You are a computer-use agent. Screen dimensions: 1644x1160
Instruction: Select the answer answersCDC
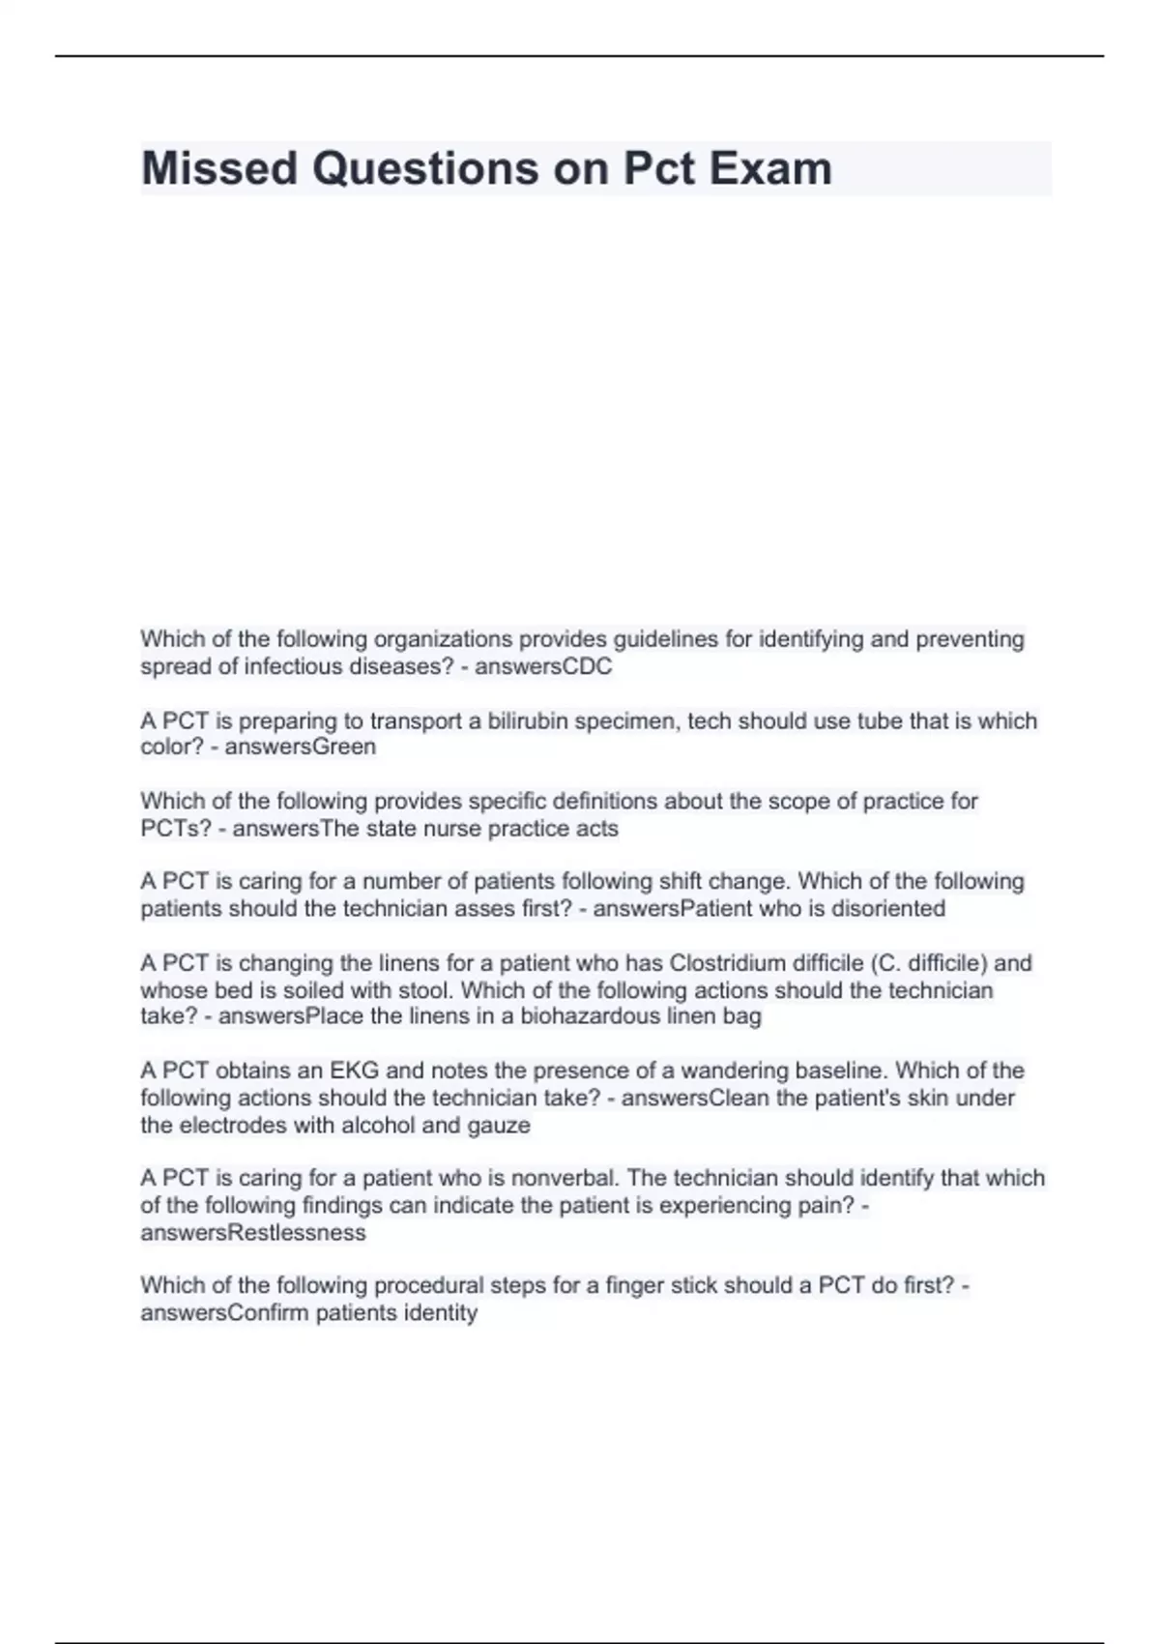pos(543,666)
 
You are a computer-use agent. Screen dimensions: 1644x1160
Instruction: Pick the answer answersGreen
pos(300,747)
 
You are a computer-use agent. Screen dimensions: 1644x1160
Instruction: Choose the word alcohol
pos(375,1125)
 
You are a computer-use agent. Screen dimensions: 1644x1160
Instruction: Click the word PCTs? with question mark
pos(176,828)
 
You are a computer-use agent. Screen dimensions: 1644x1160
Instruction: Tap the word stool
pos(428,990)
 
